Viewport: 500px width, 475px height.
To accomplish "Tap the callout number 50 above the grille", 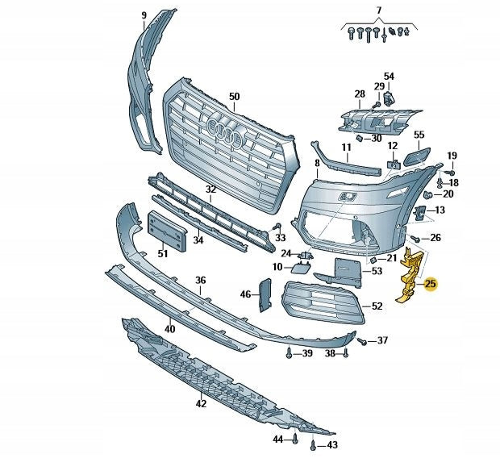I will click(x=234, y=97).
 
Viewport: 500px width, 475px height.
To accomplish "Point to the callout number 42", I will click(x=201, y=403).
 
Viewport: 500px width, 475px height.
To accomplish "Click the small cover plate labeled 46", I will click(x=265, y=294).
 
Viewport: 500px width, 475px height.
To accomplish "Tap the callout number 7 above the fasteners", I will click(x=377, y=9).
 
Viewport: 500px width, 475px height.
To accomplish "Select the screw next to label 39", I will click(x=289, y=353).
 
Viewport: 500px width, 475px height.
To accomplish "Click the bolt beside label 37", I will click(x=362, y=342).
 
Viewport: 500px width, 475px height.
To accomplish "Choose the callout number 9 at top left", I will click(x=144, y=15).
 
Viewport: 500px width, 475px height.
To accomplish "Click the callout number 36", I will click(x=201, y=280).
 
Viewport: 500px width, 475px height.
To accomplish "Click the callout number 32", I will click(x=210, y=190).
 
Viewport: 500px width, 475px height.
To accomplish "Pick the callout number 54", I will click(x=389, y=77).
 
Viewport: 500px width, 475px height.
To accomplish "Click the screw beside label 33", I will click(x=277, y=226).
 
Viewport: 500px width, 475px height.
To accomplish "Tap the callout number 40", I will click(x=169, y=329).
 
